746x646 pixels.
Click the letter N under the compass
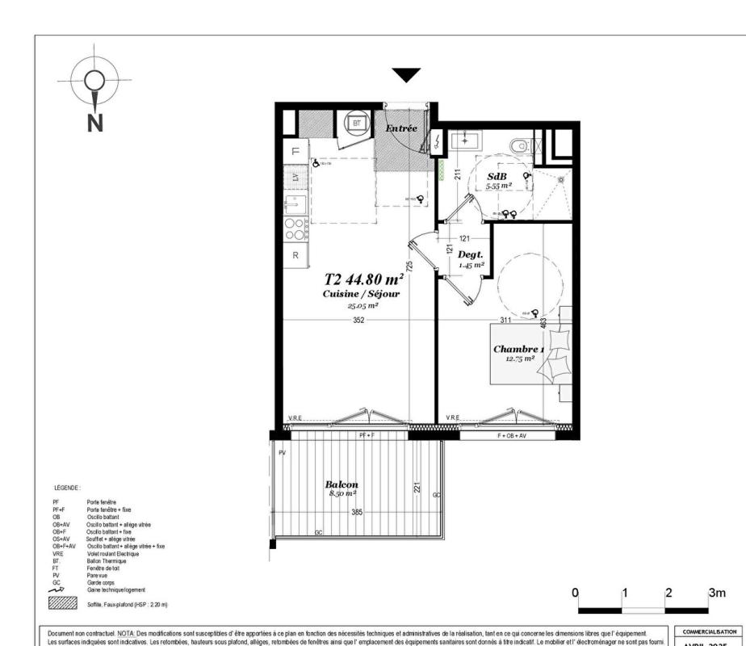pos(95,122)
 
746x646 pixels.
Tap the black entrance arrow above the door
pos(407,75)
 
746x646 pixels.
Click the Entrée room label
pos(401,128)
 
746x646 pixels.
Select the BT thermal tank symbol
pos(356,124)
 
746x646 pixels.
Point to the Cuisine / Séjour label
pos(361,295)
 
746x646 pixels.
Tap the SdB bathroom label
pos(496,176)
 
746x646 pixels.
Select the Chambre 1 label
pos(518,349)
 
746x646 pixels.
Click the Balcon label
pos(341,484)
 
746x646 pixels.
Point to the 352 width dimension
pos(358,320)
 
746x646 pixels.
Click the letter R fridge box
pos(295,254)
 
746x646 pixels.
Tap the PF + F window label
pos(368,435)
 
